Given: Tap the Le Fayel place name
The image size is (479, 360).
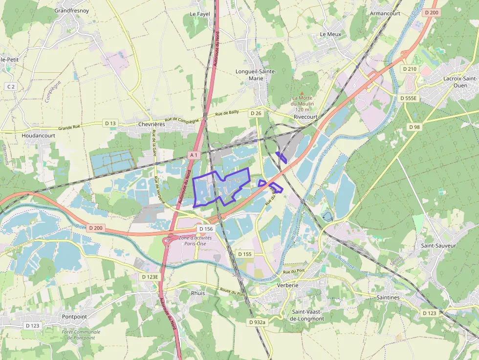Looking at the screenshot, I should [199, 14].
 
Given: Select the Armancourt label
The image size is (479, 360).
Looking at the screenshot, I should [385, 13].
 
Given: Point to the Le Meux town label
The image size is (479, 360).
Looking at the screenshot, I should [330, 34].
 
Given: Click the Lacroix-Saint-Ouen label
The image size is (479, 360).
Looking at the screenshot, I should [460, 82].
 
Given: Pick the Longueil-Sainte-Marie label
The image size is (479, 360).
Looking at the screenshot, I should [256, 75].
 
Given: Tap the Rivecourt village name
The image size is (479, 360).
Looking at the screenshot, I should [305, 117].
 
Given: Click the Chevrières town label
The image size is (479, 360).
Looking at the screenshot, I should [151, 125].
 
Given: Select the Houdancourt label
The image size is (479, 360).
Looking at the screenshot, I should [39, 135].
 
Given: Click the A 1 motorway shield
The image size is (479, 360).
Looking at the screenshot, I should [194, 155].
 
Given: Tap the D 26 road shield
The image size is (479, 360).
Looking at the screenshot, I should [256, 113].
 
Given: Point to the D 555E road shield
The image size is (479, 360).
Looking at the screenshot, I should [408, 98].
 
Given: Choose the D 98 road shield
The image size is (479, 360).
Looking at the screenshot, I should [414, 127].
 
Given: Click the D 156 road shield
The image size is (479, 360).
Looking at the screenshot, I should [206, 229].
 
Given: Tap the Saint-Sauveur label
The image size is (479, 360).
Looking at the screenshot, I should [438, 246].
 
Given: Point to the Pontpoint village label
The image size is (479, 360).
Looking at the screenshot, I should [74, 317].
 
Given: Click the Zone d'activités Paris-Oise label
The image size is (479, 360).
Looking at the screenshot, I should [196, 241].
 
